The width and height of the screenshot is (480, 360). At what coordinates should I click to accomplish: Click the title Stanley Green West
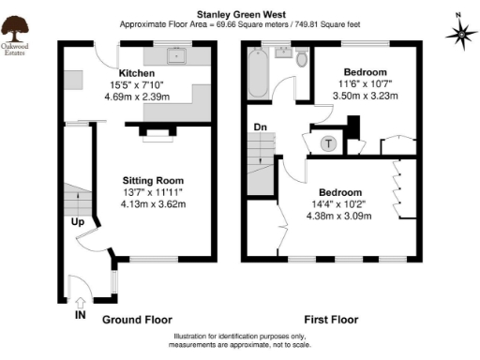click(239, 15)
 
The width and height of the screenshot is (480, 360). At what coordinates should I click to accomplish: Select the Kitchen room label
click(137, 72)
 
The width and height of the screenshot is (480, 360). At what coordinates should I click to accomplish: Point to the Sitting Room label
click(153, 180)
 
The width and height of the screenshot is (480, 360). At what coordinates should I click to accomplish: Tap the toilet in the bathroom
click(301, 59)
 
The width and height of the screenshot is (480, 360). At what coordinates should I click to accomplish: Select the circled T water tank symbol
click(329, 143)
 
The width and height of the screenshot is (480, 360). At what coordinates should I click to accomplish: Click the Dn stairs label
click(261, 126)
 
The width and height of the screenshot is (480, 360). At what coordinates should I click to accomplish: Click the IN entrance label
click(81, 316)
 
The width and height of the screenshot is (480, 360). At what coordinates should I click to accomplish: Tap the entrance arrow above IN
click(81, 301)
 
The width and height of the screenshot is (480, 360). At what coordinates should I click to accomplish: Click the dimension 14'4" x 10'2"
click(339, 203)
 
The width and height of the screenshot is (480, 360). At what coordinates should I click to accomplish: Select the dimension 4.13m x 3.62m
click(153, 204)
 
